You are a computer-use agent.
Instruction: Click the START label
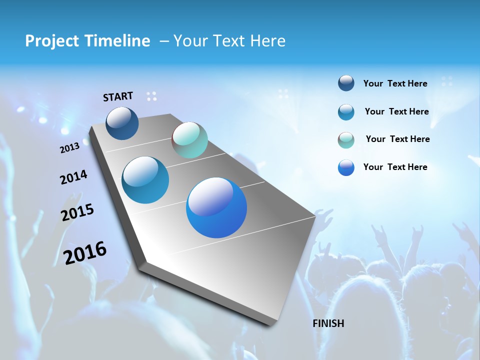coord(118,96)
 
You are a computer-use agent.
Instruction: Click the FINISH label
coord(328,323)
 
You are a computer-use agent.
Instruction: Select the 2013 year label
coord(69,148)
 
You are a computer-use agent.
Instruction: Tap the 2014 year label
coord(73,177)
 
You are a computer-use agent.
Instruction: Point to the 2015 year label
coord(77,212)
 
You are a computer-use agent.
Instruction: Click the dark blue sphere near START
coord(122,123)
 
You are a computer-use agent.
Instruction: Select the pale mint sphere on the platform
coord(189,140)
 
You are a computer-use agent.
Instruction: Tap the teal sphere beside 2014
coord(145,180)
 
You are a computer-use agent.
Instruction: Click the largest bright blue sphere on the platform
coord(216,207)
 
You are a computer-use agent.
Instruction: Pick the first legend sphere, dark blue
coord(346,83)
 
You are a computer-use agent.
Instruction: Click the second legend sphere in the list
coord(346,112)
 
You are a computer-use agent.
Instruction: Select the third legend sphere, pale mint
coord(346,140)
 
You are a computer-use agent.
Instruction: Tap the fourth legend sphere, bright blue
coord(346,167)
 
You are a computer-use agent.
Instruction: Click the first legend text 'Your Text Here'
coord(395,83)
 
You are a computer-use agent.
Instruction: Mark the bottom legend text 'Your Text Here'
coord(395,167)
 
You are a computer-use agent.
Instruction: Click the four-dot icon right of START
coord(151,96)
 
